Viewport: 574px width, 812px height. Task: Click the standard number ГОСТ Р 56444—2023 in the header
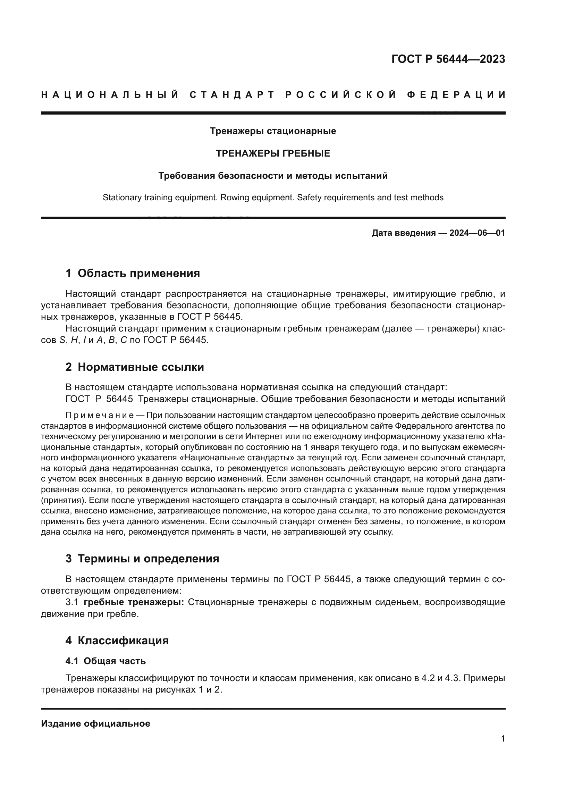(x=448, y=59)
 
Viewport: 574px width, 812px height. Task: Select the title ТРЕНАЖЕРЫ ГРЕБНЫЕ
(x=273, y=153)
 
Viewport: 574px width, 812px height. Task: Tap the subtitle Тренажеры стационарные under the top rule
(x=273, y=131)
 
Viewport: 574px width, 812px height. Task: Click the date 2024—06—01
(x=477, y=233)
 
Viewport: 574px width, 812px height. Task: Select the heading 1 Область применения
(x=133, y=273)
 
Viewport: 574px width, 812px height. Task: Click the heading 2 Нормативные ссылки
(x=135, y=367)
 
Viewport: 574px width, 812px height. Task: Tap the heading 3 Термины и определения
(x=142, y=559)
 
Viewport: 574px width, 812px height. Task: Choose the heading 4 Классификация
(x=117, y=641)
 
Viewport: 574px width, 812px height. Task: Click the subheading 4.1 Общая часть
(x=106, y=661)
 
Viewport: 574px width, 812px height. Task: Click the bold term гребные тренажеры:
(x=134, y=602)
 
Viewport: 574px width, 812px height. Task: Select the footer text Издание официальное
(x=95, y=723)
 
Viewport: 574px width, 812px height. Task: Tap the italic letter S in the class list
(x=62, y=341)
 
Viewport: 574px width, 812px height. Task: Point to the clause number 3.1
(x=73, y=602)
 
